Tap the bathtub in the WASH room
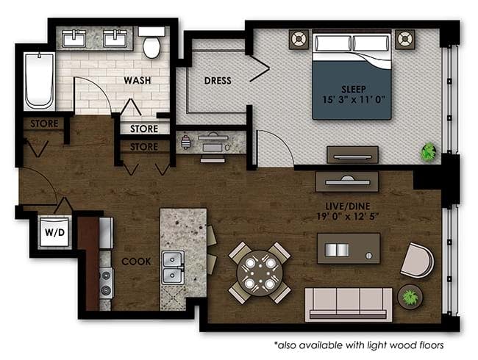[x=39, y=81]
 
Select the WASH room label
[x=138, y=80]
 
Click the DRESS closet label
[x=218, y=81]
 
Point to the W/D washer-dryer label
[x=55, y=232]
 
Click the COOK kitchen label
[x=136, y=262]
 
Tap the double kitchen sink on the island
[x=173, y=267]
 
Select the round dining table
[x=260, y=273]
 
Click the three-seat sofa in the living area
[x=349, y=305]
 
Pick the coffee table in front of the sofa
[x=349, y=248]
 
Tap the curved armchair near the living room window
[x=418, y=260]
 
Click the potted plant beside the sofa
[x=410, y=297]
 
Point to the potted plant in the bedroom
[x=428, y=152]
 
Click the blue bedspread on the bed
[x=352, y=90]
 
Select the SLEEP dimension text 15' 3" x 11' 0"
[x=354, y=100]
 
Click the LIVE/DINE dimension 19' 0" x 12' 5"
[x=348, y=217]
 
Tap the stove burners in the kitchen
[x=107, y=283]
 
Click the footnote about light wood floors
[x=359, y=345]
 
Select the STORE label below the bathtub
[x=44, y=123]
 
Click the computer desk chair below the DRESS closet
[x=213, y=159]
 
